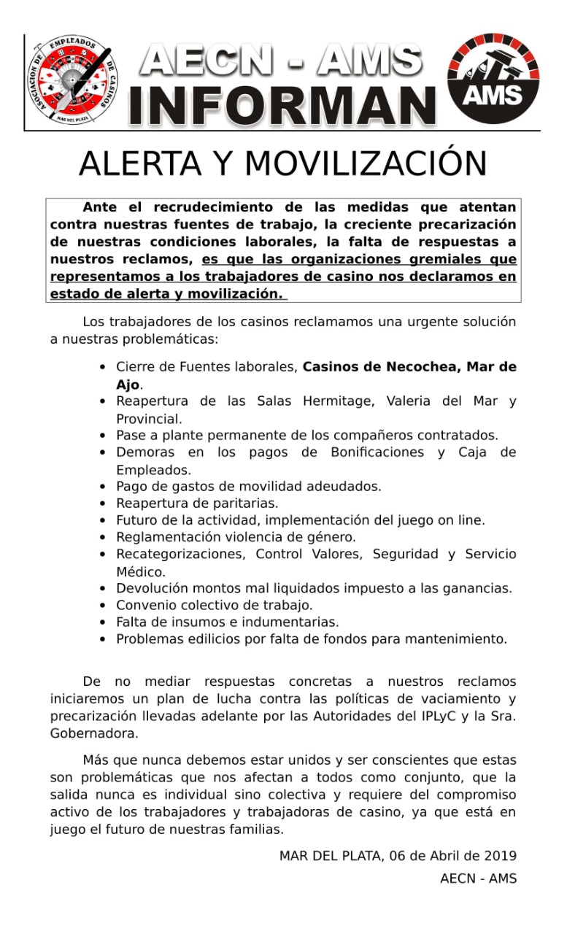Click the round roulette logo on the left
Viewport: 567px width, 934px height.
click(x=72, y=80)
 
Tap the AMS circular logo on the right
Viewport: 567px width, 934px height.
click(x=493, y=78)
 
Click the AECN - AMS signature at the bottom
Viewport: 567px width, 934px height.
click(x=478, y=879)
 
